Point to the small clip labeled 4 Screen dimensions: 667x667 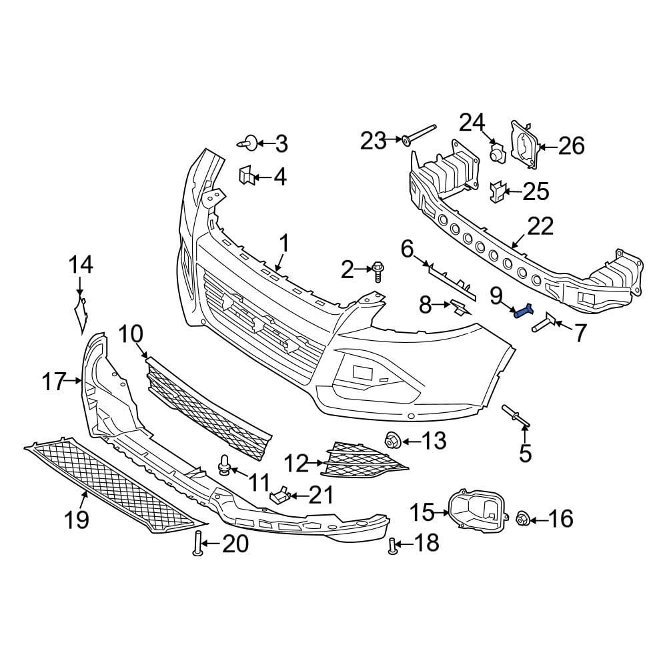click(244, 176)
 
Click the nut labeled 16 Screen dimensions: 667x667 click(523, 518)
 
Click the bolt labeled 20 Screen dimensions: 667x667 click(197, 545)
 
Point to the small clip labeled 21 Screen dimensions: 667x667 click(281, 495)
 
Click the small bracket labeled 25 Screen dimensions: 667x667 click(497, 191)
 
